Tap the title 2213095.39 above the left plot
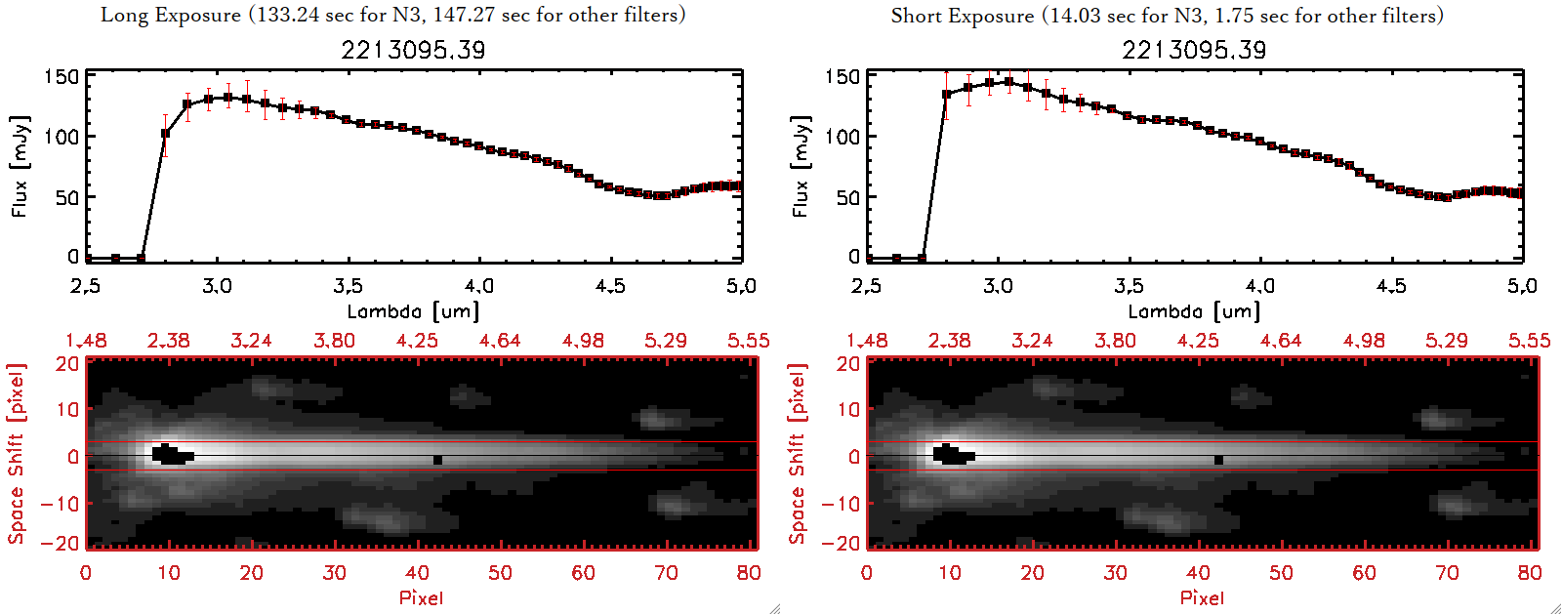click(x=413, y=50)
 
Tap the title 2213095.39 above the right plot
click(x=1194, y=50)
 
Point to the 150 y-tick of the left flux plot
click(x=62, y=76)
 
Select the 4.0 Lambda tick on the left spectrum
click(x=479, y=286)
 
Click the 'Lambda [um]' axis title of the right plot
click(x=1194, y=311)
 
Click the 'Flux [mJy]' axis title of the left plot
click(x=21, y=166)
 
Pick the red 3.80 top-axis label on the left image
click(x=334, y=341)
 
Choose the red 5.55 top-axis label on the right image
click(x=1529, y=341)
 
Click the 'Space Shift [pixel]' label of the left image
click(x=16, y=454)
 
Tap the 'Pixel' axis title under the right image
click(x=1202, y=597)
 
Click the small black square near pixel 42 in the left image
click(x=437, y=460)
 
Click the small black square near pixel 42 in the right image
click(x=1218, y=460)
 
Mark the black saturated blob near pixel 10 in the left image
click(x=172, y=455)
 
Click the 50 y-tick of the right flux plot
click(x=847, y=197)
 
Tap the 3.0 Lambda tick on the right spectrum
click(x=998, y=286)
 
